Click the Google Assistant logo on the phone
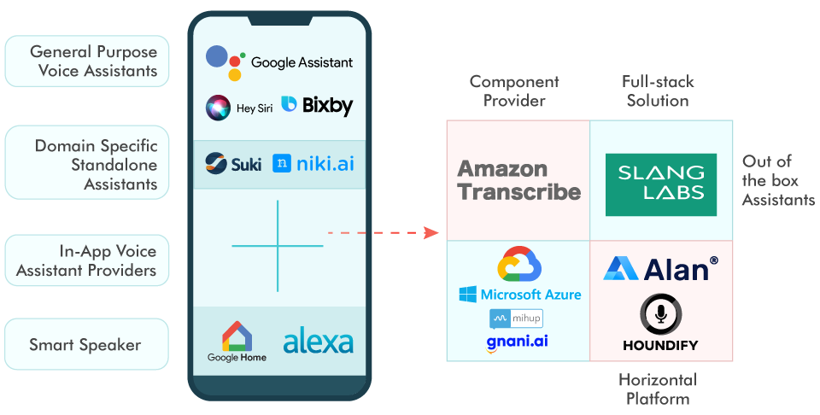click(x=278, y=61)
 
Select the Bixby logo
click(x=316, y=106)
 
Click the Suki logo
click(x=233, y=163)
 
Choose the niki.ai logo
click(x=313, y=163)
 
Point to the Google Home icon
click(x=237, y=341)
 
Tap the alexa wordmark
click(x=318, y=341)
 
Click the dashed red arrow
click(x=382, y=232)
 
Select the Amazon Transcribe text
click(x=518, y=180)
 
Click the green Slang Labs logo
click(x=660, y=184)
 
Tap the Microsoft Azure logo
click(x=519, y=295)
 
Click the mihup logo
click(x=516, y=319)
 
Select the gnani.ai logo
click(x=517, y=342)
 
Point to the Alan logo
click(x=659, y=269)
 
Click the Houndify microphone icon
click(x=660, y=315)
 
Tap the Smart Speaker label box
click(x=85, y=345)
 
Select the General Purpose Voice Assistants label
click(x=85, y=61)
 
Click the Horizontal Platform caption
click(x=657, y=389)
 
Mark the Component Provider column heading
click(x=514, y=91)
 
